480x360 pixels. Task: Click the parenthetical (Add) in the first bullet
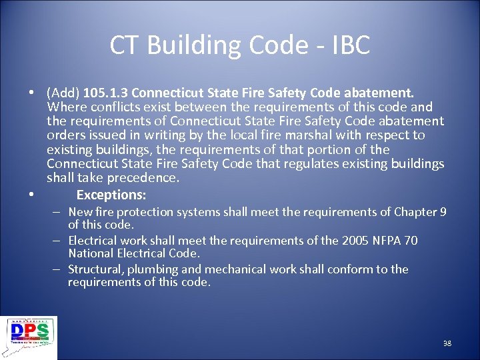click(63, 93)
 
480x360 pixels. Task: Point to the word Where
click(65, 107)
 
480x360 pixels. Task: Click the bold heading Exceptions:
click(111, 195)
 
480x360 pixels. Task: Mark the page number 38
click(447, 343)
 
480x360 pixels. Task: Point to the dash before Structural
click(57, 269)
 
